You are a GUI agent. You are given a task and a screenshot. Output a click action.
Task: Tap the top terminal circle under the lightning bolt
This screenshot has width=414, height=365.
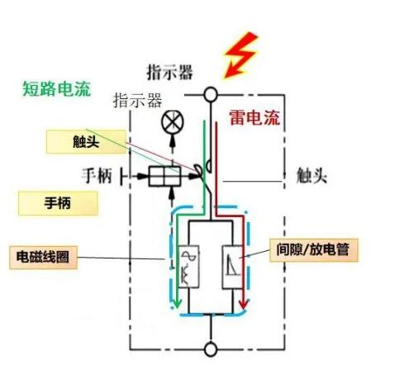click(x=211, y=94)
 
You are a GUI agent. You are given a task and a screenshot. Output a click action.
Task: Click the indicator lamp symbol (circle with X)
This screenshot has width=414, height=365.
click(x=173, y=121)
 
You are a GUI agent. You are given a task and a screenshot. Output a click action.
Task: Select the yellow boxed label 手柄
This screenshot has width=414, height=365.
click(x=56, y=202)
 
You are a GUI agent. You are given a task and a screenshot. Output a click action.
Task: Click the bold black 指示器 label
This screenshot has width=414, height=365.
click(x=170, y=73)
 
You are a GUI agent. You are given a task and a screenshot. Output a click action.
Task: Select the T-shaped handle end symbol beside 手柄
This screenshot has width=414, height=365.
click(x=123, y=176)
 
